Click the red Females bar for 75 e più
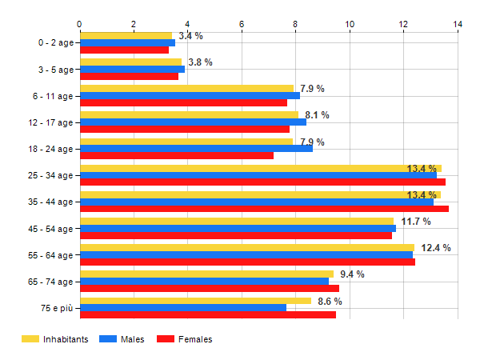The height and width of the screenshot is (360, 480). coord(208,315)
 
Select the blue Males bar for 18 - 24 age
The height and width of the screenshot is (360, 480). coord(196,148)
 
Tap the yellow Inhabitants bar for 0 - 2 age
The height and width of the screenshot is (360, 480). coord(126,35)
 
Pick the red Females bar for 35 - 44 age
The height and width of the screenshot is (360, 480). coord(264,209)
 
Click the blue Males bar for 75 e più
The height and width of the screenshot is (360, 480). coord(183,308)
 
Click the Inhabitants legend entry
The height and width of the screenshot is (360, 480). coord(55,339)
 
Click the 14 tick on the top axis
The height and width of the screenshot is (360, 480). coord(458,25)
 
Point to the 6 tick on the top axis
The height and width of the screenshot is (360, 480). coord(242,25)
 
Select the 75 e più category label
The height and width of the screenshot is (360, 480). coord(55,308)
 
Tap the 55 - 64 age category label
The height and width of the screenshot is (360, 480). coord(50,255)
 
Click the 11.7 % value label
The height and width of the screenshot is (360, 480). coord(416,222)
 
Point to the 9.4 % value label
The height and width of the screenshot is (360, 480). coord(352,274)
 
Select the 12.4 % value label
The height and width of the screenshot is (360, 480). coord(436,248)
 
